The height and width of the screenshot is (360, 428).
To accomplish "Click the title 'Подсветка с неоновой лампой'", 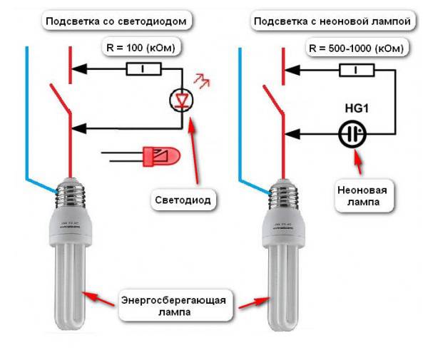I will click(x=332, y=21).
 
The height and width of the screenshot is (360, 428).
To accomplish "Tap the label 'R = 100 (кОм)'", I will click(x=140, y=48).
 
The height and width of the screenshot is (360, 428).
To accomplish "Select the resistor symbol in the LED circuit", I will click(x=144, y=69).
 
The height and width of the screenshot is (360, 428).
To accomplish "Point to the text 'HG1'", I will click(x=352, y=108).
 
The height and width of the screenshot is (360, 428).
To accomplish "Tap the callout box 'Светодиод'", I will click(x=183, y=200).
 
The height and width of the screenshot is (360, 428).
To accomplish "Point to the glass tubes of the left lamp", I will click(x=69, y=285).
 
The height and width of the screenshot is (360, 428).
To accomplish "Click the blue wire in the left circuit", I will click(x=26, y=114).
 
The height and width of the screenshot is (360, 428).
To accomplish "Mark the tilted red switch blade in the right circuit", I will click(x=273, y=100).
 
